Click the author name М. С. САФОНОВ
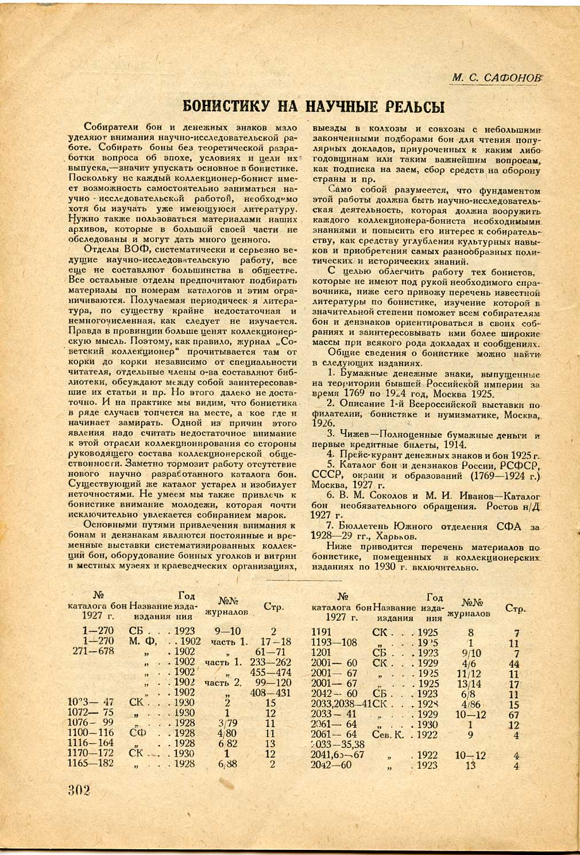tap(497, 77)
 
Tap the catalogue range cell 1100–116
tap(91, 733)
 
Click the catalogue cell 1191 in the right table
tap(322, 632)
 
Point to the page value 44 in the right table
tap(513, 663)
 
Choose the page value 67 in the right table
tap(513, 714)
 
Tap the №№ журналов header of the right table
tap(469, 608)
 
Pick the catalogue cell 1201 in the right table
tap(322, 653)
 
